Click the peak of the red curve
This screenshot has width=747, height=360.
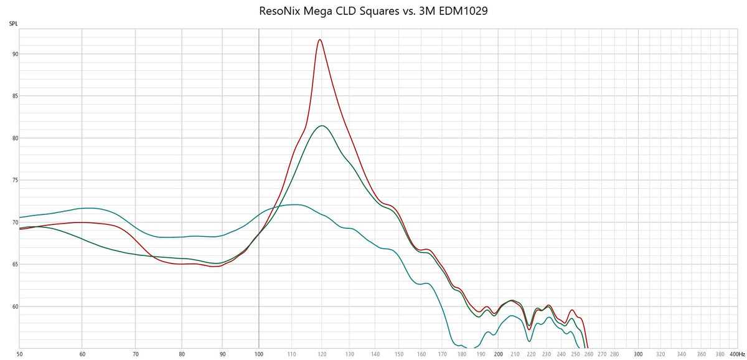tap(320, 40)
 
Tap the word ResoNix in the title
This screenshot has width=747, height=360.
tap(280, 11)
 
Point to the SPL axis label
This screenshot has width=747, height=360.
tap(13, 24)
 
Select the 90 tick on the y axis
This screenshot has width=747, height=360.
tap(16, 54)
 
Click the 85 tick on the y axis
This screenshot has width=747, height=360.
tap(16, 96)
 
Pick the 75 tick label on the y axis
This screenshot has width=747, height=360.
tap(16, 181)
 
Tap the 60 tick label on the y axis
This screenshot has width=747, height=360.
tap(16, 306)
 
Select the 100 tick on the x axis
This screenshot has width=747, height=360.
tap(259, 353)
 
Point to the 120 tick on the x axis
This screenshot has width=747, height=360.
tap(322, 353)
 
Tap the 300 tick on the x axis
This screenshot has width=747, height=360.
tap(638, 353)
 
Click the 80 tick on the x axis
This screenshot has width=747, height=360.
tap(182, 353)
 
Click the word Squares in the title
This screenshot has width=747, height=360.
tap(374, 11)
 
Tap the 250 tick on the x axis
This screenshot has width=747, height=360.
tap(575, 353)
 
